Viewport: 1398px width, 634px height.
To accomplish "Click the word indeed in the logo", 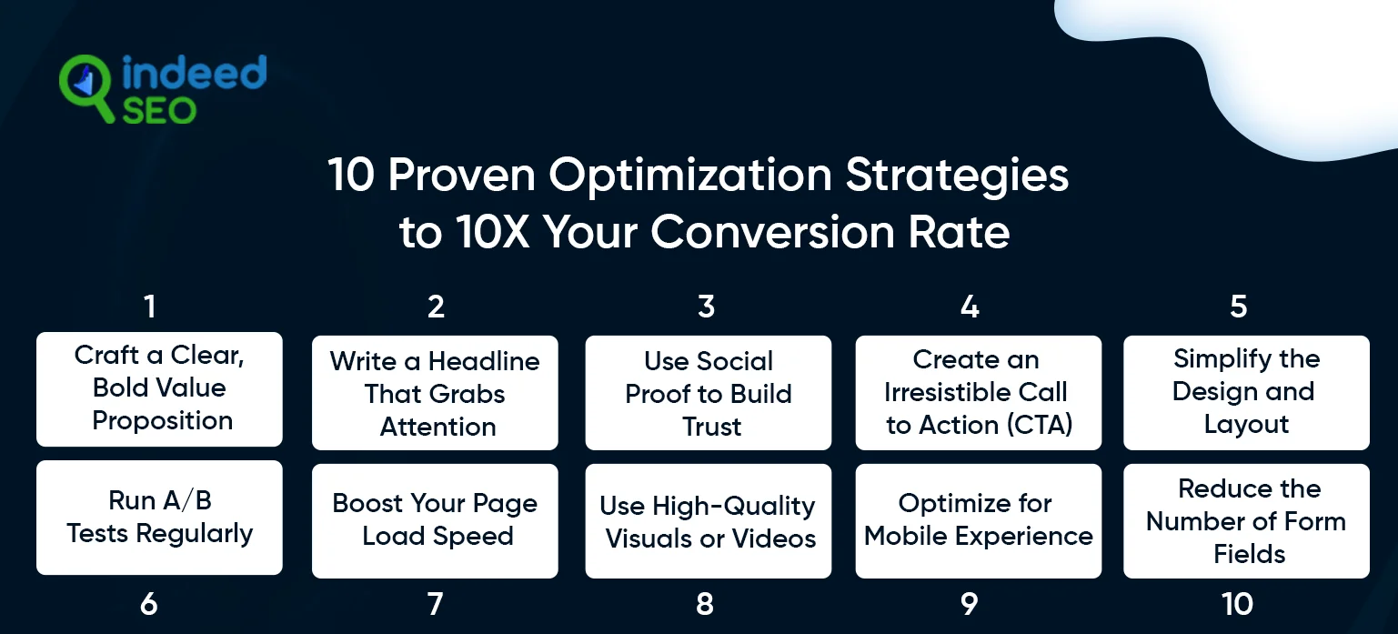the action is click(x=194, y=73).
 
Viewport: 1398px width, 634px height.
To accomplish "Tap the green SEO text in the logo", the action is click(x=159, y=111).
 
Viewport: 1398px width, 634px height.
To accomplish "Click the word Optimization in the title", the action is click(x=690, y=176).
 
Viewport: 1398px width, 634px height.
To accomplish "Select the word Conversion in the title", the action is click(x=772, y=232).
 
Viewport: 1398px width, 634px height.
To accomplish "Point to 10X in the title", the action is click(x=492, y=232).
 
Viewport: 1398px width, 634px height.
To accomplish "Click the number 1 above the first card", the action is click(x=150, y=307).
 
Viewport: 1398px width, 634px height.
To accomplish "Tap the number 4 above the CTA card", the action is click(x=970, y=307).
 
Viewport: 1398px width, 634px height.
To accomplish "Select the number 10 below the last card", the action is click(x=1237, y=604).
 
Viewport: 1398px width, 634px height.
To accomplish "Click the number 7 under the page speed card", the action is click(x=435, y=604).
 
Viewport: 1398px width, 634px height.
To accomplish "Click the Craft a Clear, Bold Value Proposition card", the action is click(x=159, y=388).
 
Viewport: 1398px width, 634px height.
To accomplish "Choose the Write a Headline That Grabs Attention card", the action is click(x=435, y=393).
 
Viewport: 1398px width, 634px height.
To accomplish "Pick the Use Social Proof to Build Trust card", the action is click(x=709, y=393).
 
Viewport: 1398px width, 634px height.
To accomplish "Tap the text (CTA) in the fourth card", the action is click(x=1039, y=425).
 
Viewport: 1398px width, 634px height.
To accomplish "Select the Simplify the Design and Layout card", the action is click(x=1246, y=393).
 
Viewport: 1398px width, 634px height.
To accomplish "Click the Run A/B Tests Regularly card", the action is click(x=159, y=518).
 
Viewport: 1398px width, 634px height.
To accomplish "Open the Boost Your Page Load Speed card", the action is click(x=435, y=520).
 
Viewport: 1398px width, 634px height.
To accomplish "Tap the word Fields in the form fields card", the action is click(x=1250, y=554).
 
